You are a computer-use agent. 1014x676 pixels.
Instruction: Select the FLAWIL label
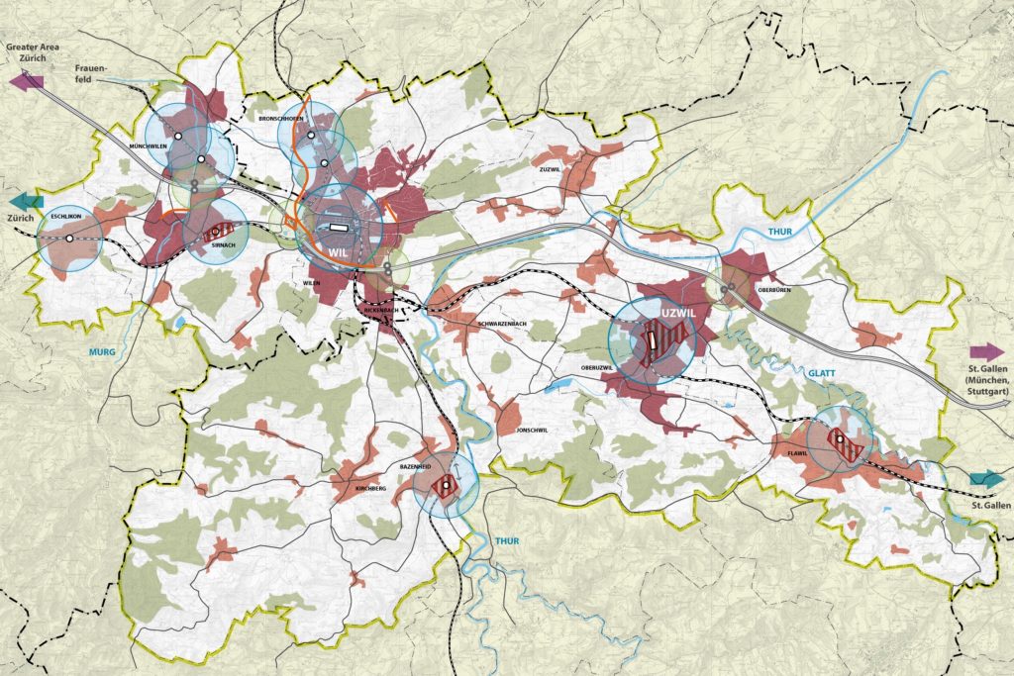(x=798, y=453)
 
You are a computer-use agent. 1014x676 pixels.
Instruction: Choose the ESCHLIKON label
(x=59, y=215)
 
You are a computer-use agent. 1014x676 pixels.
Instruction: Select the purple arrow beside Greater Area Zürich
(x=26, y=81)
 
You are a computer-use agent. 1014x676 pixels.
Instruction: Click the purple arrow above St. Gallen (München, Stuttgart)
(x=987, y=351)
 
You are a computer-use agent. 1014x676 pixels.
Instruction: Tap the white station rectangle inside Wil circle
(x=339, y=227)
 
